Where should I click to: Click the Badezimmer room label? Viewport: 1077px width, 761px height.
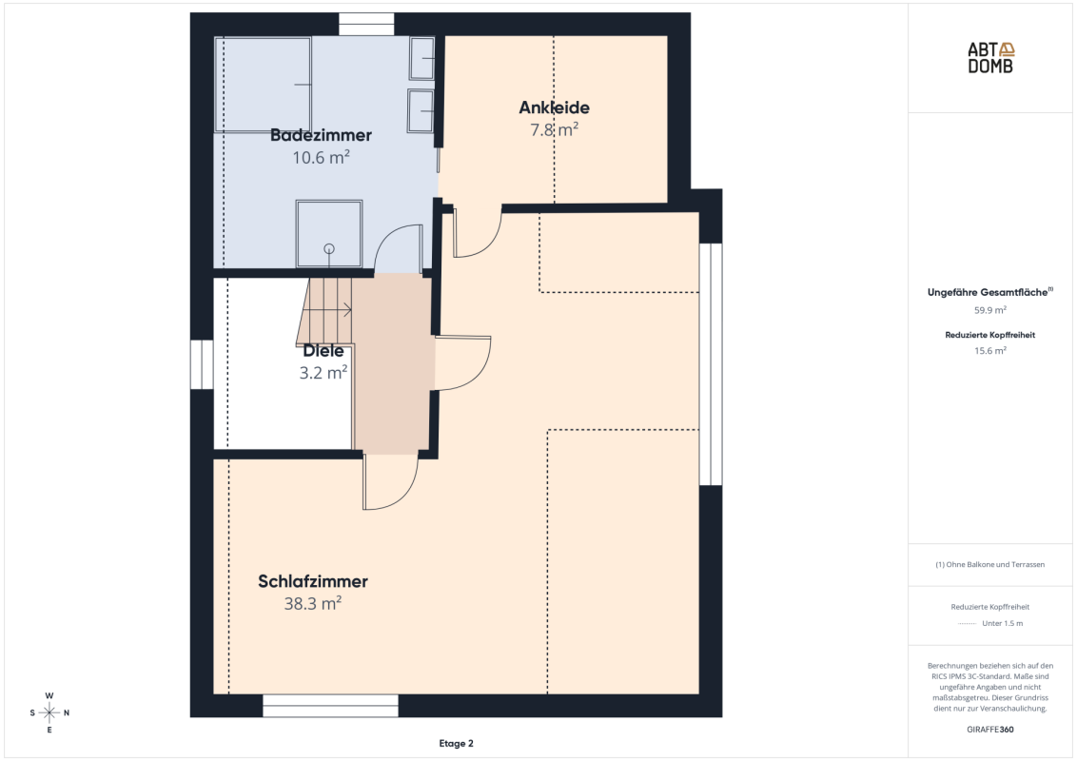click(x=321, y=135)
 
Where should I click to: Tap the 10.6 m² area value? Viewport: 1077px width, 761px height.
click(x=321, y=157)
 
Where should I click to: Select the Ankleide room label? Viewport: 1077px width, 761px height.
click(x=554, y=107)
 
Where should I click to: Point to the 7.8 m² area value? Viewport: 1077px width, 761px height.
click(x=554, y=129)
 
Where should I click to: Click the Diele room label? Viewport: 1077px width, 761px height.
click(x=323, y=351)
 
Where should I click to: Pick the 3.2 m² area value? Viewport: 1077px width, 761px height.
click(x=323, y=373)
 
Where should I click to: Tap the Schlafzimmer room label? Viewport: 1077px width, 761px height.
click(x=312, y=582)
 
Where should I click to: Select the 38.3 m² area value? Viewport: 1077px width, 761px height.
click(x=312, y=604)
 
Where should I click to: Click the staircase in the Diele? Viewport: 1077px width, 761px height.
click(x=324, y=310)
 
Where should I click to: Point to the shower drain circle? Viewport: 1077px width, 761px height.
click(x=329, y=248)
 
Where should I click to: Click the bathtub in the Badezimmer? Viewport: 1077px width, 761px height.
click(x=264, y=85)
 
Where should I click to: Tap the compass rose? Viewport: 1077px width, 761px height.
click(x=49, y=712)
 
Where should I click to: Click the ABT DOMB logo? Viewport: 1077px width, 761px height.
click(x=990, y=58)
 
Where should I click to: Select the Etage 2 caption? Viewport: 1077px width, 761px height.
click(x=456, y=743)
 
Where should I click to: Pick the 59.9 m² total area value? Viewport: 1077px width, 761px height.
click(x=989, y=310)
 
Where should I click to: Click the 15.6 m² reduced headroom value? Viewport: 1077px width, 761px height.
click(x=989, y=351)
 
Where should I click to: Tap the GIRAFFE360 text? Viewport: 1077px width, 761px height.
click(x=989, y=730)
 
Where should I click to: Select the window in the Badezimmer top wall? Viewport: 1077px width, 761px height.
click(x=367, y=24)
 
